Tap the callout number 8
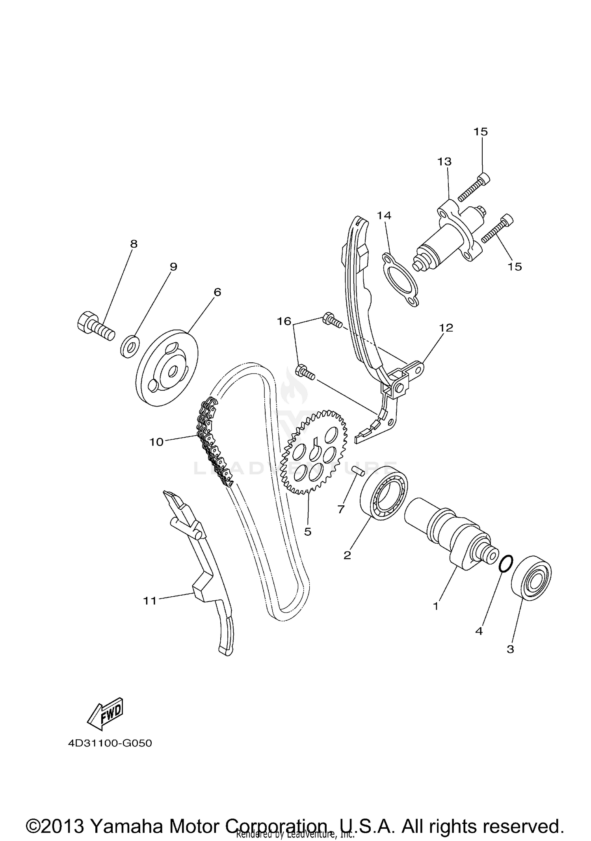click(x=134, y=244)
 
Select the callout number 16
click(x=284, y=321)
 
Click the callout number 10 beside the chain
click(x=156, y=442)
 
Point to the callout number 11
click(x=150, y=601)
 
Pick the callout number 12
click(x=446, y=328)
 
